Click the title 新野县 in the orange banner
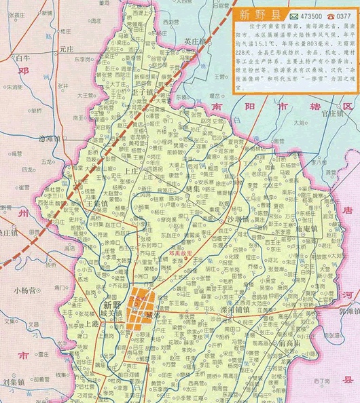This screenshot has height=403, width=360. pyautogui.click(x=258, y=15)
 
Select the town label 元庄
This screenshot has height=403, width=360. pyautogui.click(x=66, y=50)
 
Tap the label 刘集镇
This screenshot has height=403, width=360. pyautogui.click(x=13, y=381)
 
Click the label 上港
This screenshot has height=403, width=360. pyautogui.click(x=93, y=324)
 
